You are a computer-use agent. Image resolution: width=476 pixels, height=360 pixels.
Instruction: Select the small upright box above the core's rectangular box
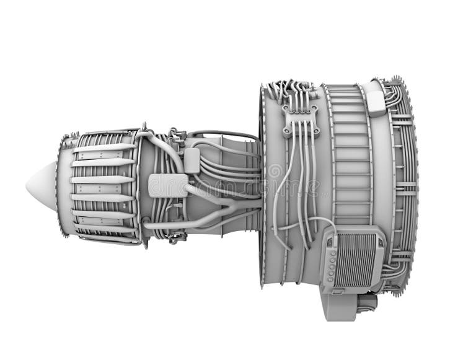click(x=192, y=160)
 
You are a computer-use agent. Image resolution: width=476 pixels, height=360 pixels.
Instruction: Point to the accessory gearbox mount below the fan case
click(x=340, y=305)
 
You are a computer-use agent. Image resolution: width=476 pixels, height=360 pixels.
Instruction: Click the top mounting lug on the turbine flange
click(x=144, y=126)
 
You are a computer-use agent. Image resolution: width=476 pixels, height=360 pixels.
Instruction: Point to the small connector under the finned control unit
click(x=338, y=291)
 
